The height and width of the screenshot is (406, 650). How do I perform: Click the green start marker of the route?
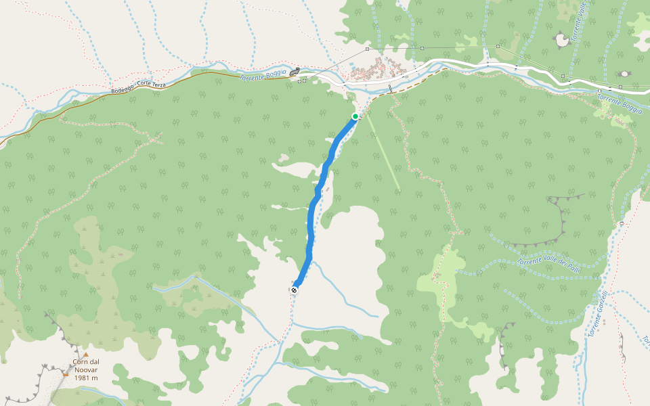point(355,116)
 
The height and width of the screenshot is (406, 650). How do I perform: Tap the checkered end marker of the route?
point(294,290)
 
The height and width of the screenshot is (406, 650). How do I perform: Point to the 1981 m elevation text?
point(86,378)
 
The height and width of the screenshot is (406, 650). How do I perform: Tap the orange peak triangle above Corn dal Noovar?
point(86,354)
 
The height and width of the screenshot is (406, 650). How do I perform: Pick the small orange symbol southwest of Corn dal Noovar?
point(65,373)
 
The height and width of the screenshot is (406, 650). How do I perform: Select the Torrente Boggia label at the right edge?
point(619,104)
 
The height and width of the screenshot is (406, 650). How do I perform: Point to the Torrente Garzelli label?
point(599,314)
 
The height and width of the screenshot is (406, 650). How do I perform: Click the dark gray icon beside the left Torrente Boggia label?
point(294,72)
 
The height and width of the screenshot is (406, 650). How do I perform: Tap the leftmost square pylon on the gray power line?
point(366,49)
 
